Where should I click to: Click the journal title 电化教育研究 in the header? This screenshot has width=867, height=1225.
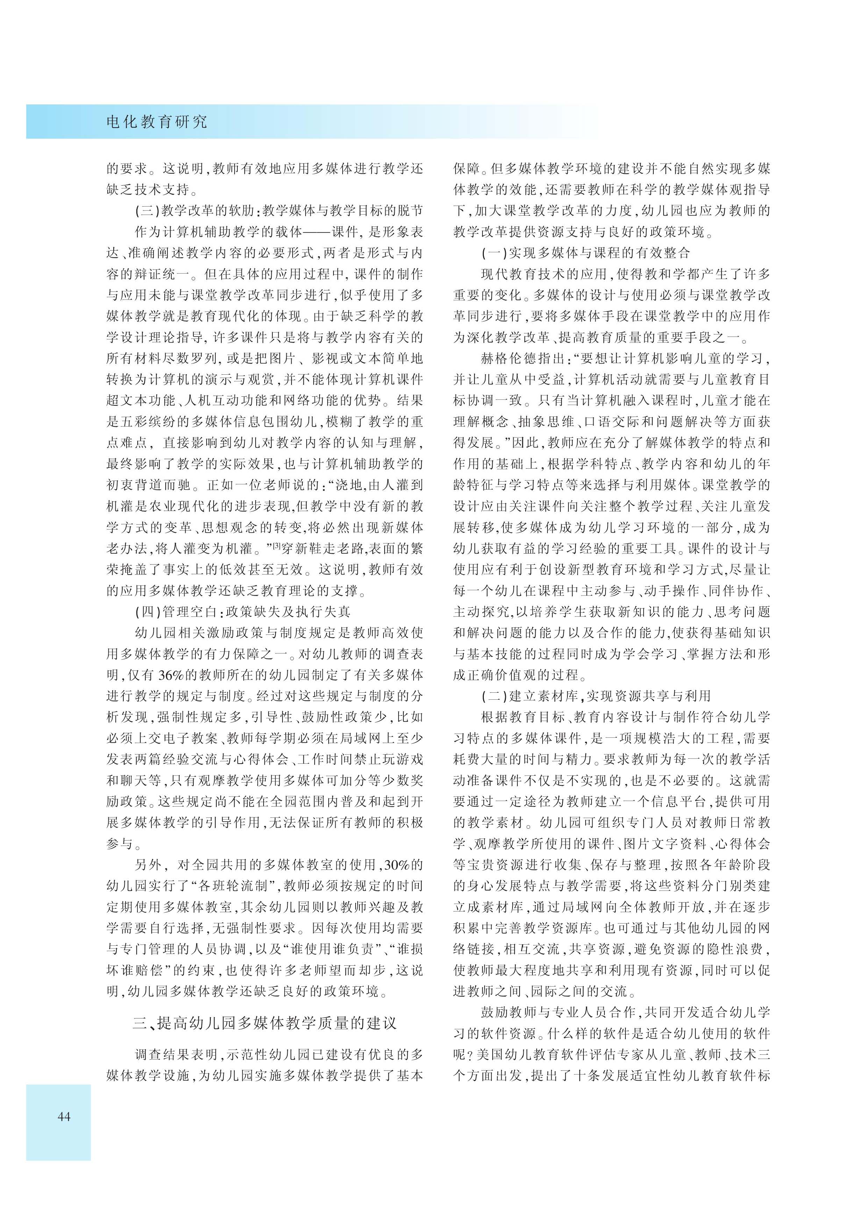coord(156,122)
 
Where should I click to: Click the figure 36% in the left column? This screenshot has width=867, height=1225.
coord(171,675)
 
